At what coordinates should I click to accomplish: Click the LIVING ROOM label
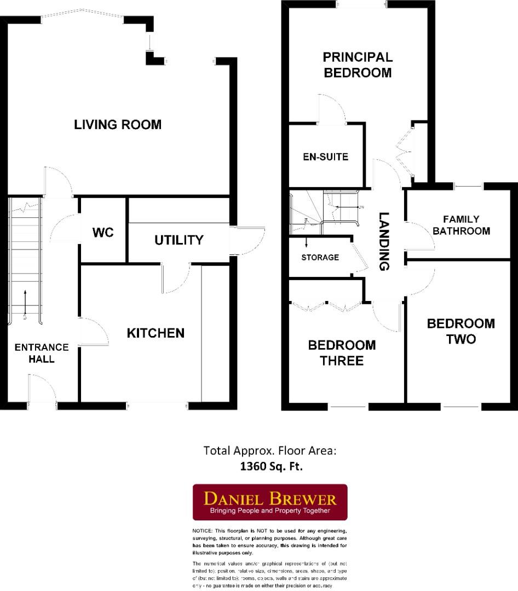pyautogui.click(x=118, y=125)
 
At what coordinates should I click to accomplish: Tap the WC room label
pyautogui.click(x=102, y=233)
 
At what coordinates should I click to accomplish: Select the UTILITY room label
pyautogui.click(x=179, y=240)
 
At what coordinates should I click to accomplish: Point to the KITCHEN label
pyautogui.click(x=156, y=333)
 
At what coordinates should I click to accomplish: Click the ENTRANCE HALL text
pyautogui.click(x=42, y=353)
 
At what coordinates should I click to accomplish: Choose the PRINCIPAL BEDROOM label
pyautogui.click(x=358, y=65)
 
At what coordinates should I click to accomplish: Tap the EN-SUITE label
pyautogui.click(x=325, y=157)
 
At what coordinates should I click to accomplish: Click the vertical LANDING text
pyautogui.click(x=384, y=241)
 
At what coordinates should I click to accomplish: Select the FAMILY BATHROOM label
pyautogui.click(x=461, y=225)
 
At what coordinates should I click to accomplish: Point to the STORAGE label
pyautogui.click(x=320, y=257)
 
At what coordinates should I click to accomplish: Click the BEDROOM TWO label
pyautogui.click(x=461, y=331)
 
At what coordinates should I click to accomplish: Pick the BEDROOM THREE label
pyautogui.click(x=342, y=352)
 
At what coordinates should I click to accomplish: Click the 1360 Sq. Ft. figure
pyautogui.click(x=271, y=467)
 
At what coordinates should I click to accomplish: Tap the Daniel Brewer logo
pyautogui.click(x=270, y=502)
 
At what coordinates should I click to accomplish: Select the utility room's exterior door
pyautogui.click(x=249, y=241)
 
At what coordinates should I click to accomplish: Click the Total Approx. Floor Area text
pyautogui.click(x=269, y=451)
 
